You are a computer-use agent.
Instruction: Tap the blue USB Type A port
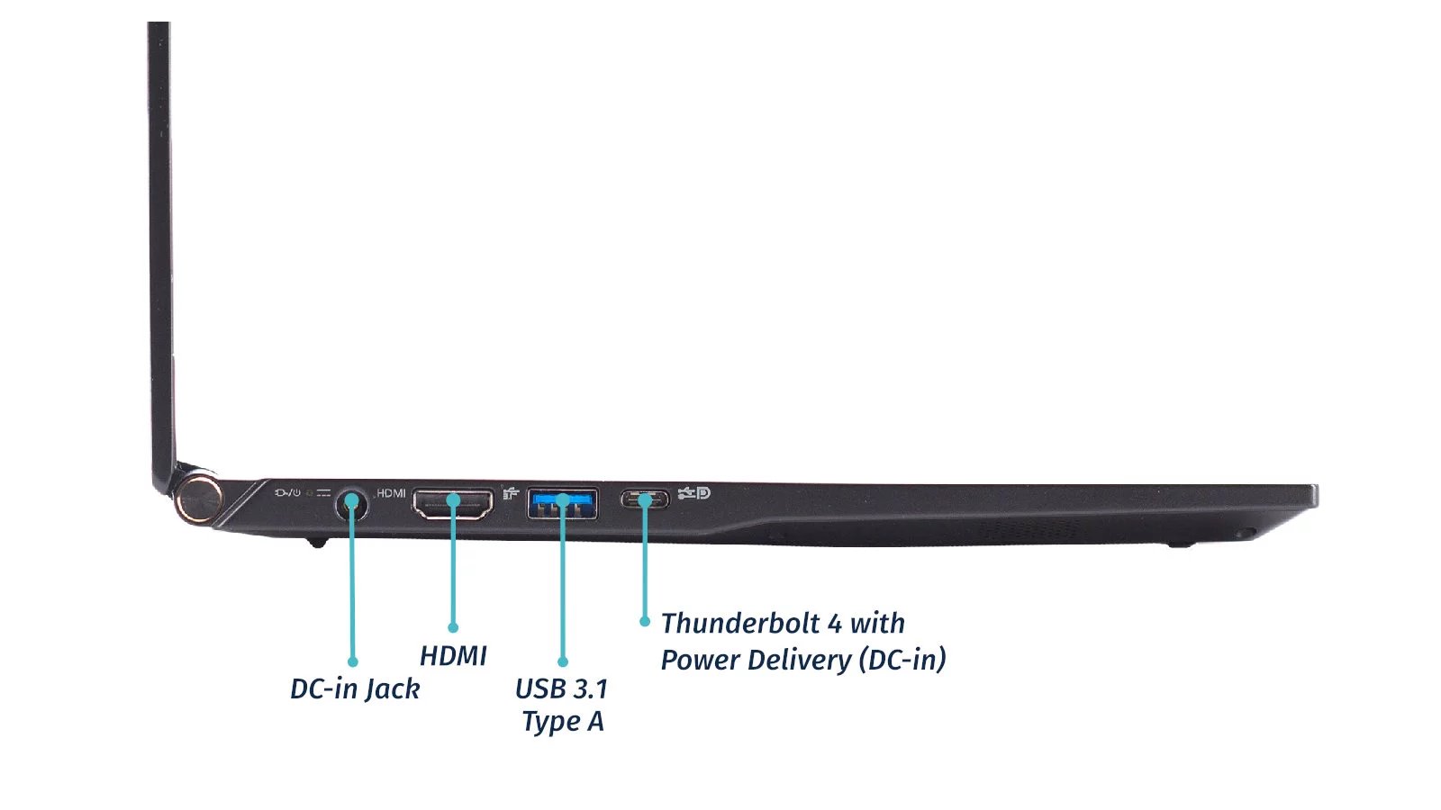[562, 502]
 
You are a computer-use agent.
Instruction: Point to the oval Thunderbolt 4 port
[645, 499]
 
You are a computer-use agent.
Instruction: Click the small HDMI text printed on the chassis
[391, 493]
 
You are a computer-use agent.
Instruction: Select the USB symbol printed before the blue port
[511, 493]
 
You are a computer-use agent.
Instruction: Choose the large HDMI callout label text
[453, 656]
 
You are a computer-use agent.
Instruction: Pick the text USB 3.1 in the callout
[561, 688]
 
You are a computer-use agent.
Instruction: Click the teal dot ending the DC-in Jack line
[352, 661]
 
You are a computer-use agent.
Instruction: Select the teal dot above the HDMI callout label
[453, 627]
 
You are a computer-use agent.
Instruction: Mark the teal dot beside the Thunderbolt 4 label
[645, 621]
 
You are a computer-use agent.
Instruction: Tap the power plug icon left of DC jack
[287, 493]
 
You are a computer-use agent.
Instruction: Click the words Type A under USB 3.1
[563, 722]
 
